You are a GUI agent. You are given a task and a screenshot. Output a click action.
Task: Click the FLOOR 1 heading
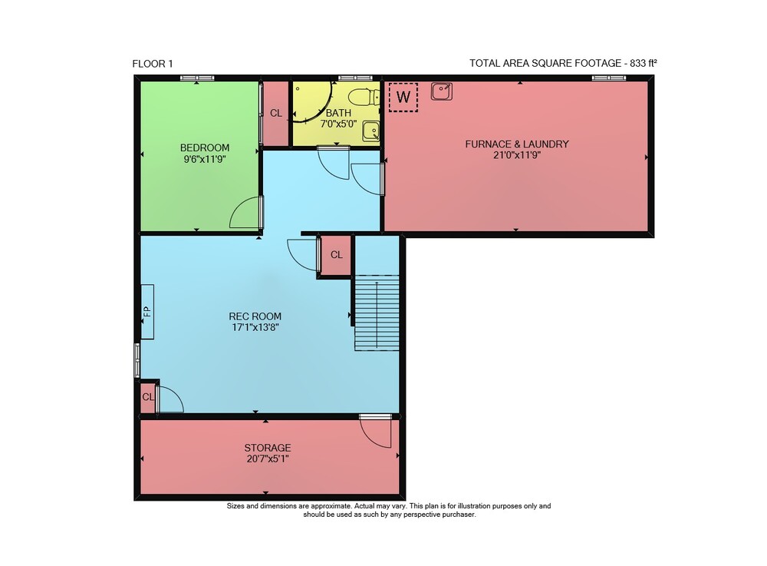click(153, 64)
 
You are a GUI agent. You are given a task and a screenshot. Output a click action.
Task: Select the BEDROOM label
click(205, 148)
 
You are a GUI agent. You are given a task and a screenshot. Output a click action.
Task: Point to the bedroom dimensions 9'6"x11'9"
click(205, 159)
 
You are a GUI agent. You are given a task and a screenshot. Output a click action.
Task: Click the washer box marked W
click(403, 97)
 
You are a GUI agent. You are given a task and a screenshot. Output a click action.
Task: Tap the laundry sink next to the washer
click(442, 91)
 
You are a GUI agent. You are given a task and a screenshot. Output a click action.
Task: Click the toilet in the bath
click(367, 97)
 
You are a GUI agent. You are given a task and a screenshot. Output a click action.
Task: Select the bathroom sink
click(370, 131)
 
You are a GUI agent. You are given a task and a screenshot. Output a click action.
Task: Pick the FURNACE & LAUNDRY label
click(516, 144)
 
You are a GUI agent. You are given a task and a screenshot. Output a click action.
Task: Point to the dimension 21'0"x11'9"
click(516, 155)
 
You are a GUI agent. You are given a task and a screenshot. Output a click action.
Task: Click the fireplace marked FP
click(147, 312)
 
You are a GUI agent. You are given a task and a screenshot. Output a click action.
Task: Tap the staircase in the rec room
click(377, 313)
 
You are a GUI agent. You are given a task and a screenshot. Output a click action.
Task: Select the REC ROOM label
click(255, 316)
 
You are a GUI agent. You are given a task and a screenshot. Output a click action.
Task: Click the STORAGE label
click(268, 448)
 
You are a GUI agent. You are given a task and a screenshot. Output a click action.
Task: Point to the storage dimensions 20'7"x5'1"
click(268, 459)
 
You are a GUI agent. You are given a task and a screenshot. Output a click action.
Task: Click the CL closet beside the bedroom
click(276, 113)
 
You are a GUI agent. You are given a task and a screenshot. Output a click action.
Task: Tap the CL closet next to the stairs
click(336, 255)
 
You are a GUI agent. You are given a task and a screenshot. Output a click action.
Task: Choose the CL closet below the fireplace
click(148, 397)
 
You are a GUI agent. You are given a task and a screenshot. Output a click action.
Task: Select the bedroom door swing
click(246, 212)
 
